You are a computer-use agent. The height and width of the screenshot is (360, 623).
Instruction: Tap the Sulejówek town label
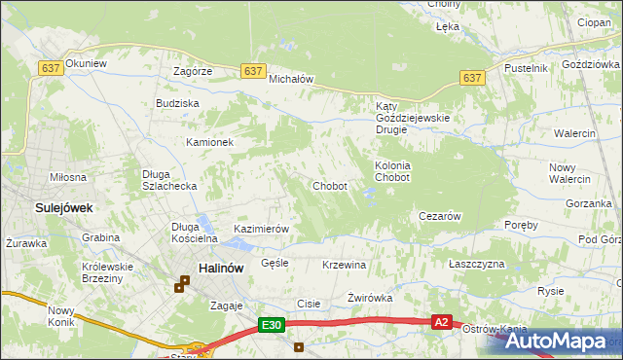(37, 207)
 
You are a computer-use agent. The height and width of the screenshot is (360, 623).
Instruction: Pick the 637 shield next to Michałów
(252, 71)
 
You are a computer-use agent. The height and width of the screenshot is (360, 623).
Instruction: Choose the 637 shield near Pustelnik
(473, 78)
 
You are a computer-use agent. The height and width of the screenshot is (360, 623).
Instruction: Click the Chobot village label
(329, 186)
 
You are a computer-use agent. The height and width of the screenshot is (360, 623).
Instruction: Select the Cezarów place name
(438, 216)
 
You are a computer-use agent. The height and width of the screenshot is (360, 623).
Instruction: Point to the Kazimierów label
(262, 229)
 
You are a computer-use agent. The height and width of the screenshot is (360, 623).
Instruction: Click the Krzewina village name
(344, 265)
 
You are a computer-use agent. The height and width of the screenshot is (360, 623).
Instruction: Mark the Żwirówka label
(370, 298)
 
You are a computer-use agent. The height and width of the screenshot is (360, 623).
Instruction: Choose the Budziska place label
(177, 102)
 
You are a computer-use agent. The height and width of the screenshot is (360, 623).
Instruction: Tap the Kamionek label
(210, 142)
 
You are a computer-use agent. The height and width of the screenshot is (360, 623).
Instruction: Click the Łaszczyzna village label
(477, 265)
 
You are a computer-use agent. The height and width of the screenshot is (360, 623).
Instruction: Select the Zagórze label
(193, 71)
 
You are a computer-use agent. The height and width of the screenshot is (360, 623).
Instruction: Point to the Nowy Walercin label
(569, 172)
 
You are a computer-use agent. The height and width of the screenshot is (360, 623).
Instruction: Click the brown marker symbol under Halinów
(181, 285)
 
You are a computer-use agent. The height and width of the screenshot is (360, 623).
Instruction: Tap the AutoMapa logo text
(562, 342)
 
